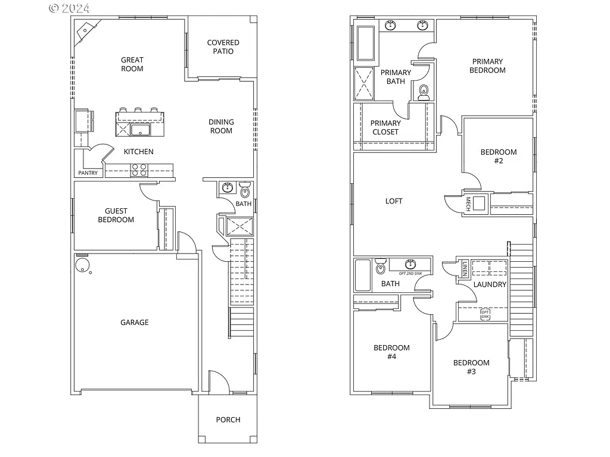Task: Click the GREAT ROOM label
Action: click(132, 64)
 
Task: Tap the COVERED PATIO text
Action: click(223, 47)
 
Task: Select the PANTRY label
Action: click(88, 173)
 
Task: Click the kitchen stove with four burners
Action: click(139, 170)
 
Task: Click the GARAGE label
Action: click(135, 323)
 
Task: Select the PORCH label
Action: click(228, 420)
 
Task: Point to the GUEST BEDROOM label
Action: click(120, 215)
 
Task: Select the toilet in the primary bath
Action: click(424, 92)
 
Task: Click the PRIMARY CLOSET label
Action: click(385, 127)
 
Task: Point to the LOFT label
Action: click(394, 201)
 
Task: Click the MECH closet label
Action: click(468, 204)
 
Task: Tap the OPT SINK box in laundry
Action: click(485, 314)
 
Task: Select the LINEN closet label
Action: click(465, 268)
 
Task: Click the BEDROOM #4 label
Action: click(391, 352)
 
